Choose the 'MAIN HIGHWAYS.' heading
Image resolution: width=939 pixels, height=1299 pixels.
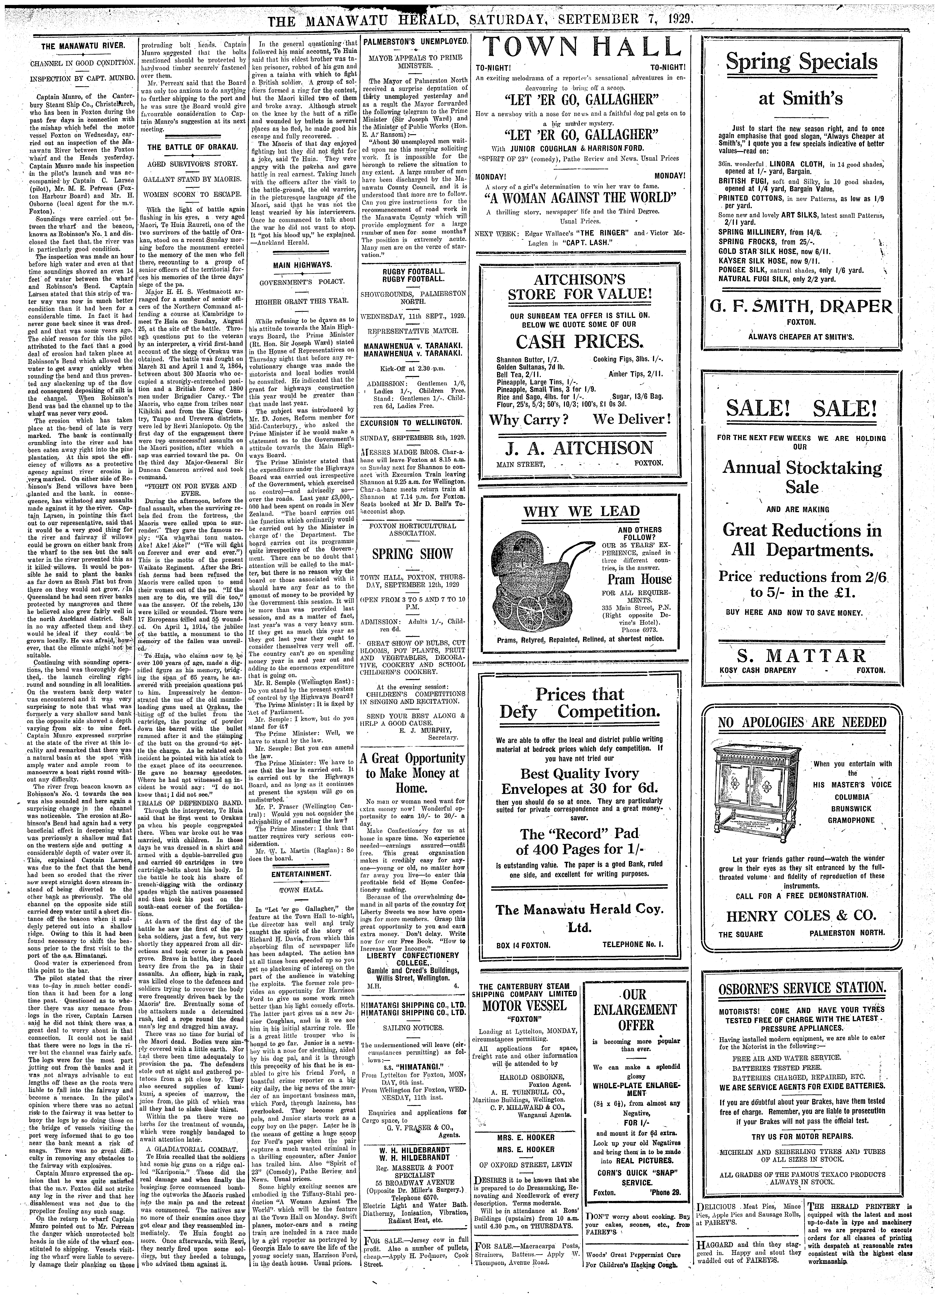point(302,265)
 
